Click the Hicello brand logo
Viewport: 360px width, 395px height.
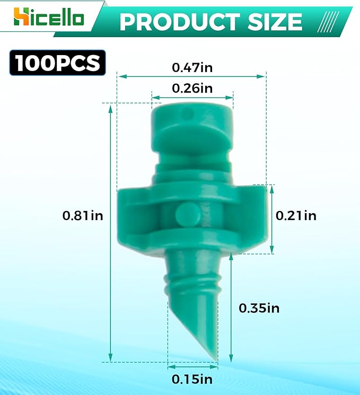(48, 17)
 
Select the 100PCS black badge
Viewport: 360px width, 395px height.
(58, 63)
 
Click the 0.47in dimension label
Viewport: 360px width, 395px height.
(192, 67)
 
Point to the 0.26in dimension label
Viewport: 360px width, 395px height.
(192, 88)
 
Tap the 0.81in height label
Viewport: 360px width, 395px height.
(83, 215)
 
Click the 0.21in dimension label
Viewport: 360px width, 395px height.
(296, 215)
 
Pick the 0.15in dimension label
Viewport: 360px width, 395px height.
(192, 379)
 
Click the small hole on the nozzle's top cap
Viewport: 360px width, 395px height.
(186, 113)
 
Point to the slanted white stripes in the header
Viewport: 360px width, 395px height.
(330, 22)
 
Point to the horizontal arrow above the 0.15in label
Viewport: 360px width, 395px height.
(192, 366)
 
